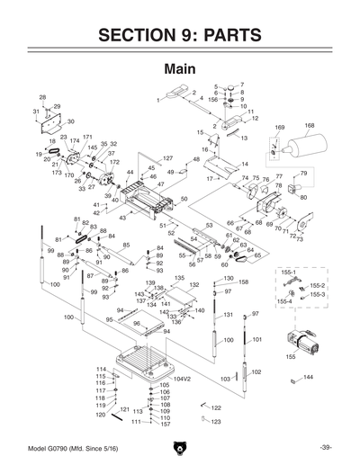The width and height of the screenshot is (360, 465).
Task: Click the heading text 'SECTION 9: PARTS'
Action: [179, 35]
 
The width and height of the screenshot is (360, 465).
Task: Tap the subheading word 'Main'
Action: [179, 69]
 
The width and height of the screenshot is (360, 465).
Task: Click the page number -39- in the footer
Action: [325, 448]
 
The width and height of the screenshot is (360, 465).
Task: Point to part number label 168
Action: [309, 126]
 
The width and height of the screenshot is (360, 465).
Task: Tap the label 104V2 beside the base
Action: [184, 379]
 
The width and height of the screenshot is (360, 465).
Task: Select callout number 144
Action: [308, 377]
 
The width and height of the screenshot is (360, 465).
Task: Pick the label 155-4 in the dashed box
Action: [285, 302]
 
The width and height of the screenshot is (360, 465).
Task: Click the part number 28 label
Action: [42, 96]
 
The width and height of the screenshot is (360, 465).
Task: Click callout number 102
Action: [256, 371]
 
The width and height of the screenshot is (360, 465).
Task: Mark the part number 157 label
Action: [165, 424]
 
